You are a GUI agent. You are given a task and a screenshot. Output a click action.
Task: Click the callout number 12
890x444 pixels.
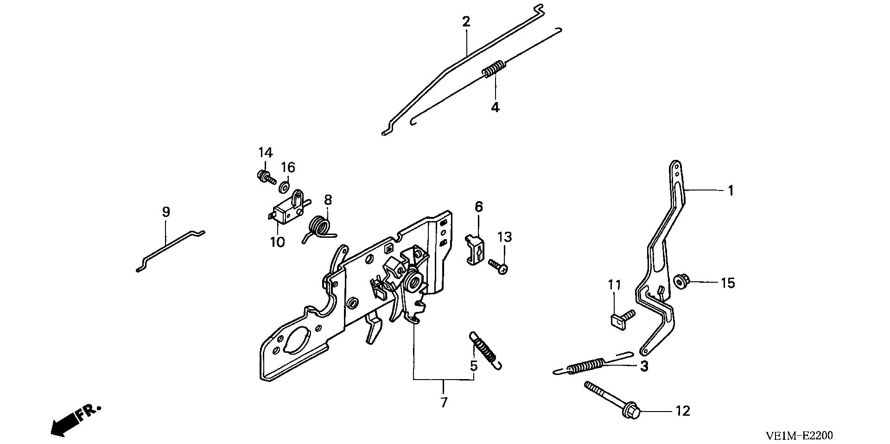coord(683,411)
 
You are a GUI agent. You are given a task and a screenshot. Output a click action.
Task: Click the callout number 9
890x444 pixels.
coord(166,212)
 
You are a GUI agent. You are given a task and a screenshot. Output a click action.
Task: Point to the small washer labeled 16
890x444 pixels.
coord(284,187)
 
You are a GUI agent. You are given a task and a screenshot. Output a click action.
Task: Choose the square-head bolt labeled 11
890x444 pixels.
coord(619,318)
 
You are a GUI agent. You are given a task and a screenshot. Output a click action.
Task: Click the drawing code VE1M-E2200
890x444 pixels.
coord(799,436)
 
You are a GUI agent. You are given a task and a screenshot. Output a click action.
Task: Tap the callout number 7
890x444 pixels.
coord(444,402)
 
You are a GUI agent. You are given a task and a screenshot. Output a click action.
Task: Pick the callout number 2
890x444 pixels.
coord(466,22)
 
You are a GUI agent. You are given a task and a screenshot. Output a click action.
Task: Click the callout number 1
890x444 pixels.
coord(731,190)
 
